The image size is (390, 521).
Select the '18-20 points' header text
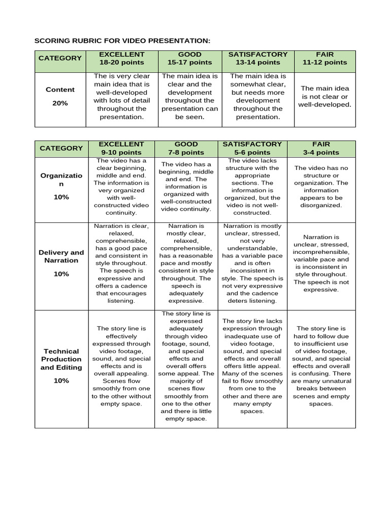pyautogui.click(x=121, y=63)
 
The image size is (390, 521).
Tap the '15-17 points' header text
pyautogui.click(x=190, y=63)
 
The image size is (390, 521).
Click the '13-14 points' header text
pyautogui.click(x=258, y=63)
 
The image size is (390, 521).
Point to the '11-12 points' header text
pyautogui.click(x=324, y=63)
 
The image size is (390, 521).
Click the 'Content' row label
pyautogui.click(x=60, y=90)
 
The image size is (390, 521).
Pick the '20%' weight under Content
pyautogui.click(x=60, y=103)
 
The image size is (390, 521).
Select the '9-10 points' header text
pyautogui.click(x=121, y=152)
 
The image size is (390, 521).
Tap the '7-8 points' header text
pyautogui.click(x=186, y=152)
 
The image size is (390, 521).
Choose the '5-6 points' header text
pyautogui.click(x=252, y=152)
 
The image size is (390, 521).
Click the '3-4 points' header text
pyautogui.click(x=321, y=152)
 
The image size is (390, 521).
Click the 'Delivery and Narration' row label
pyautogui.click(x=61, y=256)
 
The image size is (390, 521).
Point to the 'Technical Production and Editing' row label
pyautogui.click(x=61, y=359)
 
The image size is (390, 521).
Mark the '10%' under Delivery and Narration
pyautogui.click(x=61, y=274)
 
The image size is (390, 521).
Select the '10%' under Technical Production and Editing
pyautogui.click(x=61, y=381)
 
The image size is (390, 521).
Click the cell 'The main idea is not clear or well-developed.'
pyautogui.click(x=324, y=96)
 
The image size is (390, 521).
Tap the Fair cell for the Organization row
pyautogui.click(x=321, y=187)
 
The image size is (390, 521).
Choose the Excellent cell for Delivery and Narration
pyautogui.click(x=121, y=264)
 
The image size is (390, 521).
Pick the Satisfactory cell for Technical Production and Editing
pyautogui.click(x=252, y=366)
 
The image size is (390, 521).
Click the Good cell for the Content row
pyautogui.click(x=190, y=96)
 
